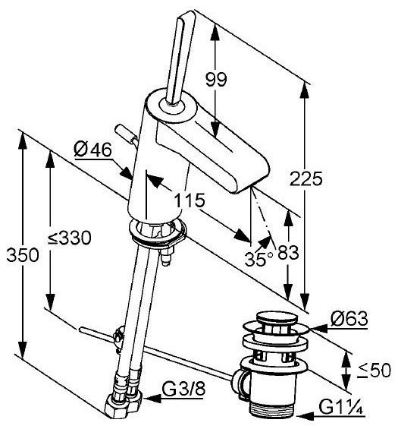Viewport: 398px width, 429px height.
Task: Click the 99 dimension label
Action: [x=216, y=80]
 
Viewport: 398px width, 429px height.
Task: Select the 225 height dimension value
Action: [x=306, y=179]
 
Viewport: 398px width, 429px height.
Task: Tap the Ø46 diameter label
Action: [x=93, y=150]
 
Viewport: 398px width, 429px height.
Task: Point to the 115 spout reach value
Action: [x=190, y=200]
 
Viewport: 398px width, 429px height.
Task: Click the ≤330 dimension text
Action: [x=70, y=238]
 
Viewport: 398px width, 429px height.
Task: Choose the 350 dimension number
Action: [x=23, y=255]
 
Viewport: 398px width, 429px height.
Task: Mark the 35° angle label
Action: [x=259, y=259]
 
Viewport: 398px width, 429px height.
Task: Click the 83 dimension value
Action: [x=288, y=252]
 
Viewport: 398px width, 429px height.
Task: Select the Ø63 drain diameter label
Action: [x=349, y=318]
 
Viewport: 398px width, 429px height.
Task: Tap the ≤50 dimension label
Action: [x=375, y=371]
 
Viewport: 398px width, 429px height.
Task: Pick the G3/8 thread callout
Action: [x=183, y=389]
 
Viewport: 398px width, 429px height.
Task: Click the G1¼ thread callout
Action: [x=340, y=408]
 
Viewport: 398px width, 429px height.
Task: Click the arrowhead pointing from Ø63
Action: [x=318, y=329]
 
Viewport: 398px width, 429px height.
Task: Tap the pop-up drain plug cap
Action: [x=277, y=319]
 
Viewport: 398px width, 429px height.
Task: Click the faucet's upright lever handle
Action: [x=180, y=58]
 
